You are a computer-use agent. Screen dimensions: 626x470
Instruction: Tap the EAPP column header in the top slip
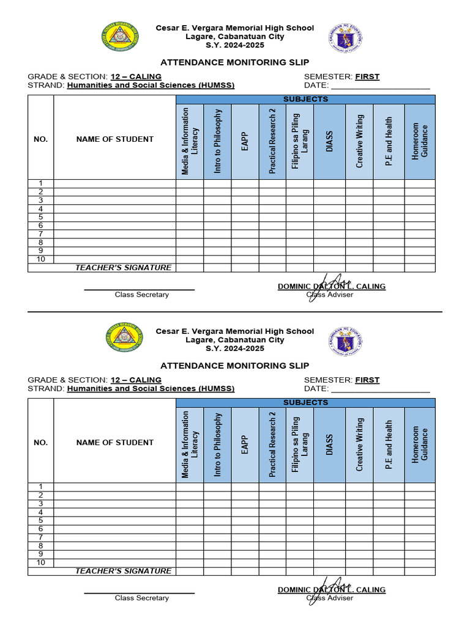click(x=245, y=141)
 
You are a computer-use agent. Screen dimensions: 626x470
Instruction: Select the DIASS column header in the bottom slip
click(x=329, y=444)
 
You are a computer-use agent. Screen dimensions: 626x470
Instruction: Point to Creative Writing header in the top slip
click(x=359, y=141)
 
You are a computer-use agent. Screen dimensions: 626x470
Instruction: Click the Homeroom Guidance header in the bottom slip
click(x=420, y=444)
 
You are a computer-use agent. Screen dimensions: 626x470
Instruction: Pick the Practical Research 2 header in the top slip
click(x=272, y=141)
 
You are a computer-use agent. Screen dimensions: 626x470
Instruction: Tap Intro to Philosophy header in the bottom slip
click(x=217, y=444)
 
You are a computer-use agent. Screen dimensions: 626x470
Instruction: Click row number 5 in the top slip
click(x=40, y=217)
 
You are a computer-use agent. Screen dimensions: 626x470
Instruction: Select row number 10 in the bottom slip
click(x=40, y=562)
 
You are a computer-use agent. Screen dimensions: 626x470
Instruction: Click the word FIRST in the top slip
click(x=367, y=76)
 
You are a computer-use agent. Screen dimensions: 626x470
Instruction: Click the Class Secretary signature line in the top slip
click(x=139, y=289)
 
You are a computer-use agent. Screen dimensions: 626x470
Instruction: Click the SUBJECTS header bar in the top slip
click(x=305, y=99)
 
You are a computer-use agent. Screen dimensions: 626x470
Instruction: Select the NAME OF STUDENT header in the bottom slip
click(x=115, y=442)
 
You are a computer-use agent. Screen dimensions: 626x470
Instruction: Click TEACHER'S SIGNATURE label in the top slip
click(x=123, y=268)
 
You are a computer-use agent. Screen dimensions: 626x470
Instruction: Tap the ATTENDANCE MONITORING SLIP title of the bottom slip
click(x=234, y=366)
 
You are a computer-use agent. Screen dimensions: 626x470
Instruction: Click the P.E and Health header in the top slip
click(x=389, y=141)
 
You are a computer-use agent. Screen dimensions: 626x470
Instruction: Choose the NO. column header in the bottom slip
click(x=40, y=442)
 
